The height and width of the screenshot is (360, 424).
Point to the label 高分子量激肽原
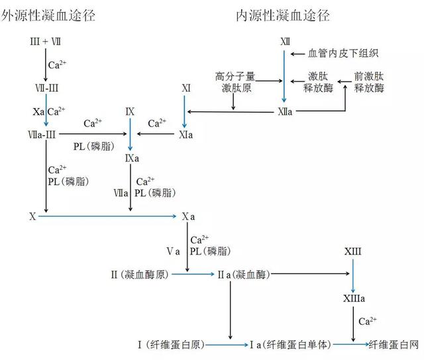click(x=235, y=82)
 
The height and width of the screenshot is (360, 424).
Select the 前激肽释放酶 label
click(x=369, y=82)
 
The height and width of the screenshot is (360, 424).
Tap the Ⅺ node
click(x=186, y=88)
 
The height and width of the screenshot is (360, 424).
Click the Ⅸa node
click(x=132, y=159)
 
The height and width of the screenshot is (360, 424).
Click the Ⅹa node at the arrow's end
click(x=188, y=216)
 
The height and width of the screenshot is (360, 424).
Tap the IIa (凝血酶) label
click(x=244, y=273)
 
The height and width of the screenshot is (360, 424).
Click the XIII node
click(x=353, y=252)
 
